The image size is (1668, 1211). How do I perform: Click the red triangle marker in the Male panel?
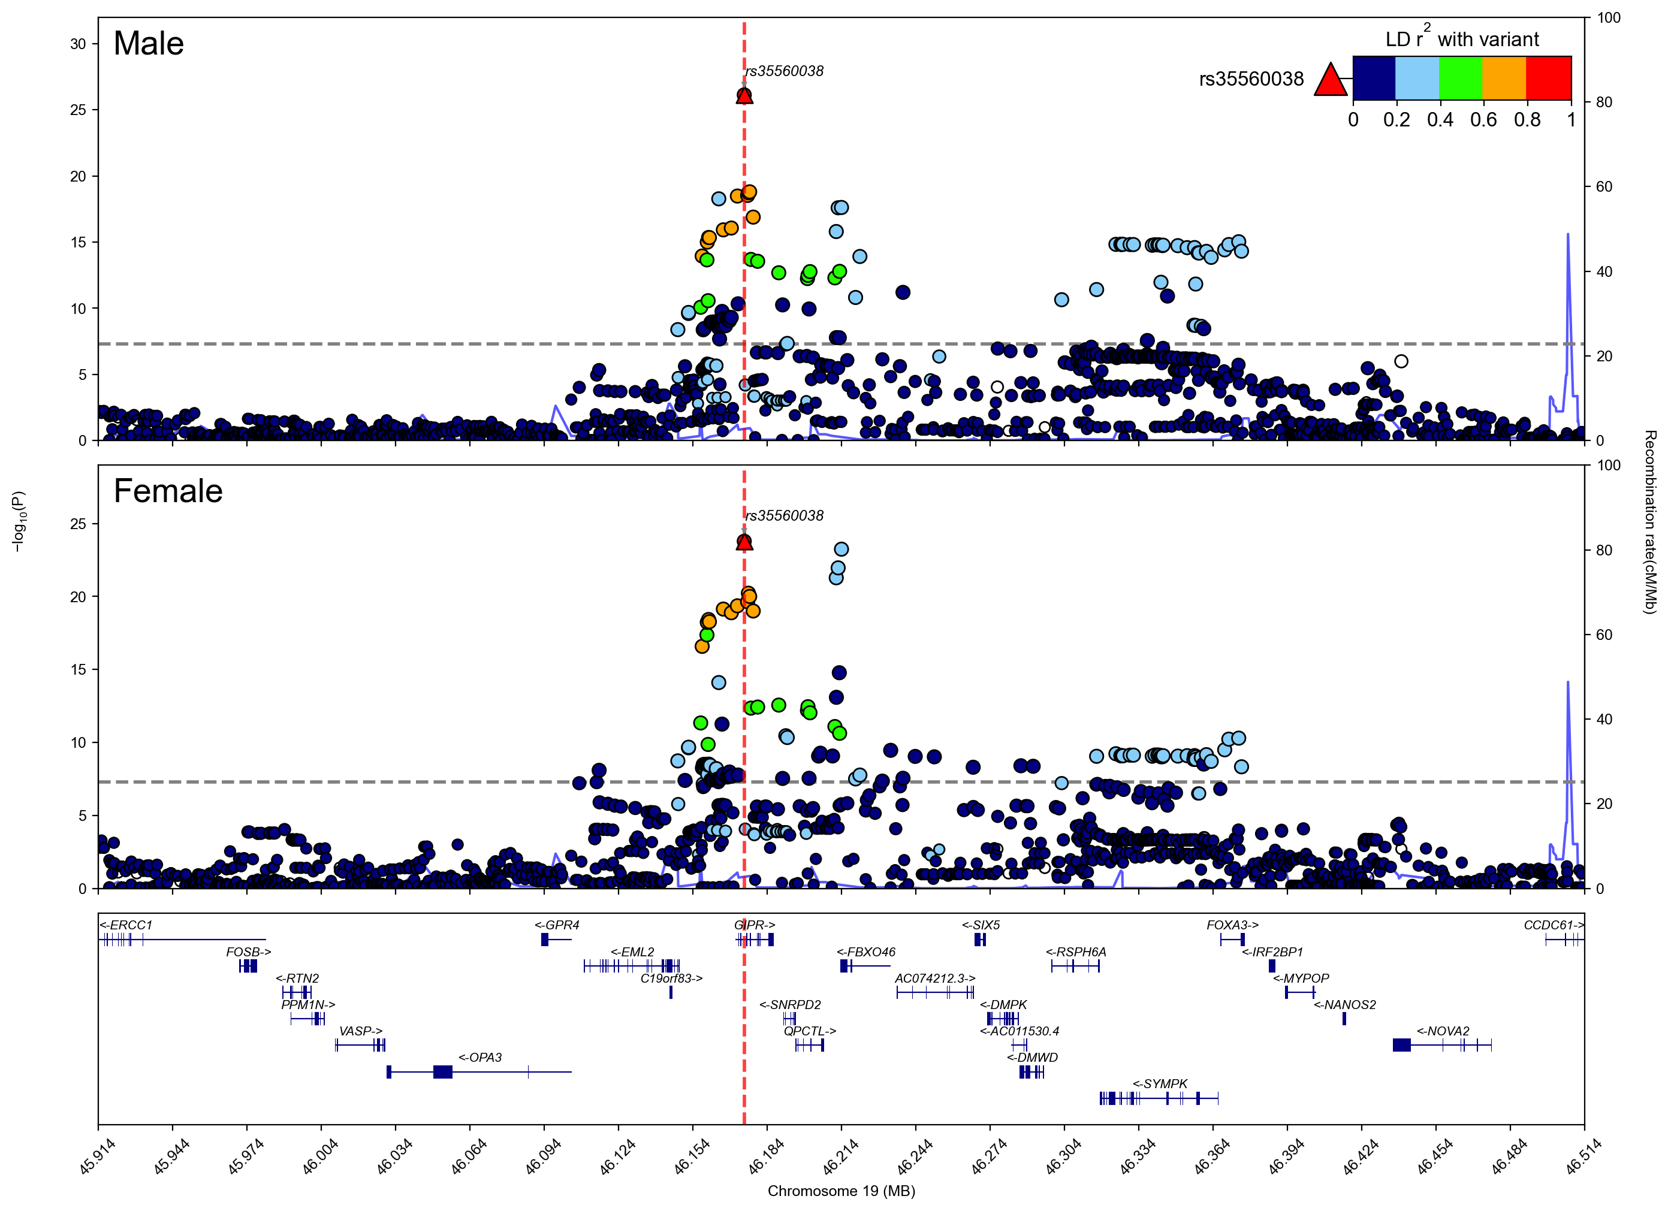click(x=744, y=96)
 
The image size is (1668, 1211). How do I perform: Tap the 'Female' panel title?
click(x=168, y=491)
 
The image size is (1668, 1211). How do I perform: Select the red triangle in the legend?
click(x=1330, y=80)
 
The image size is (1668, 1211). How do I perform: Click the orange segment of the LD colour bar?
click(x=1504, y=78)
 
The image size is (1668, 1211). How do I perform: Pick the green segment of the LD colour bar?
click(x=1461, y=78)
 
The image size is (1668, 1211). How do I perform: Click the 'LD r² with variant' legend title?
click(x=1461, y=39)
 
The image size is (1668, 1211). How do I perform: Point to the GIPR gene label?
click(x=755, y=925)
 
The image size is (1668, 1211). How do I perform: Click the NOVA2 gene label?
click(x=1443, y=1031)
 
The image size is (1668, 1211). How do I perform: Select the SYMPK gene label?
click(x=1160, y=1084)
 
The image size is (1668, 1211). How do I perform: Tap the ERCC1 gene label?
click(x=126, y=925)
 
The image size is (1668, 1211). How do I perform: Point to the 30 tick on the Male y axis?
click(x=78, y=44)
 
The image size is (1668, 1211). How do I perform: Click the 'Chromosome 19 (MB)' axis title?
click(x=841, y=1191)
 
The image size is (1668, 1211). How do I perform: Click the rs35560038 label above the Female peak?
click(x=785, y=515)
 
